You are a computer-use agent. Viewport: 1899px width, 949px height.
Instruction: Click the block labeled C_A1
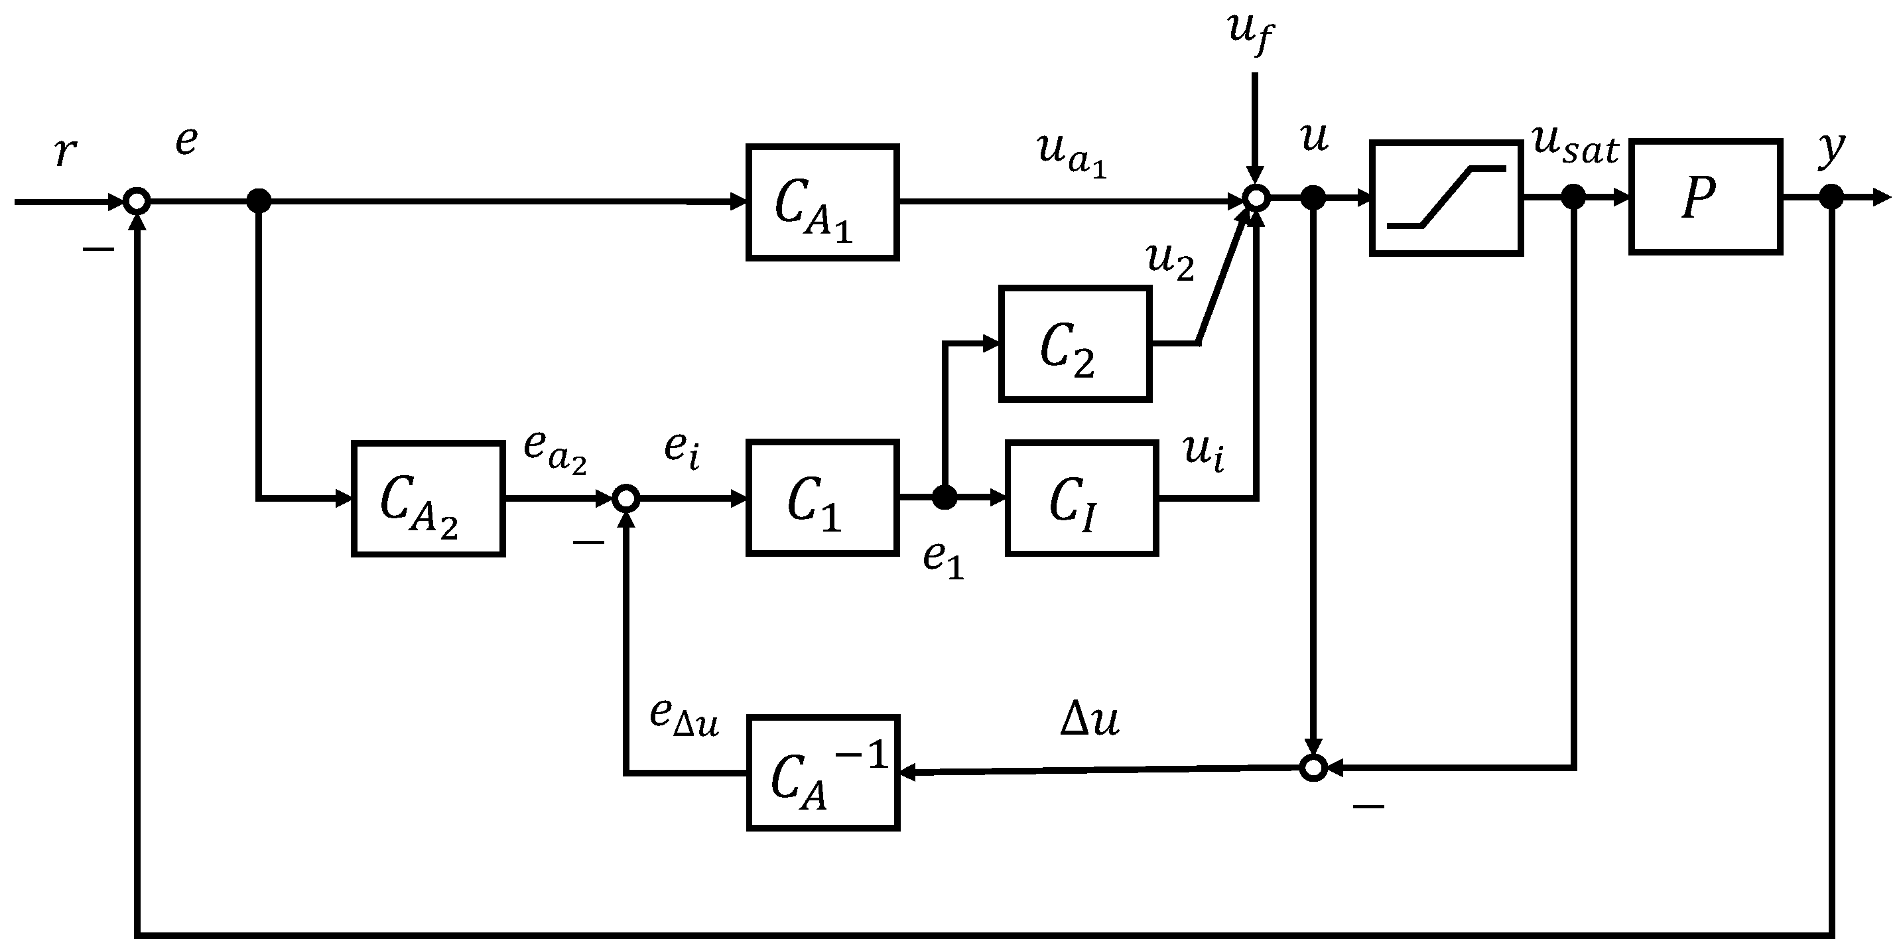coord(822,202)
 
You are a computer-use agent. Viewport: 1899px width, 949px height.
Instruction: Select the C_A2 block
coord(428,498)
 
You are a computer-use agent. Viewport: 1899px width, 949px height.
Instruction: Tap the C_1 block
coord(822,498)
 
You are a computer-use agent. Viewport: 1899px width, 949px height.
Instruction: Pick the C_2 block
coord(1075,344)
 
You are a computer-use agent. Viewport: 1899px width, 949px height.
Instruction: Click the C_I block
coord(1081,498)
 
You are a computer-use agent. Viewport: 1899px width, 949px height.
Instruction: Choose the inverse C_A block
coord(822,772)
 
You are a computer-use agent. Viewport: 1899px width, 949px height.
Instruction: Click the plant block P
coord(1705,197)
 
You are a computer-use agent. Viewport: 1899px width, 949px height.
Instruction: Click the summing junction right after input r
coord(137,200)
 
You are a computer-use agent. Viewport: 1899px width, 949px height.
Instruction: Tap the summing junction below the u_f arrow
coord(1256,198)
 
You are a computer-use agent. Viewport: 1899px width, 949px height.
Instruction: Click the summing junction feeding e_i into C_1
coord(626,499)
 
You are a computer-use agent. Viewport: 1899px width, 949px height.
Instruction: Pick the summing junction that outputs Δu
coord(1313,768)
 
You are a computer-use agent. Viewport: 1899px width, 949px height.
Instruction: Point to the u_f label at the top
coord(1250,33)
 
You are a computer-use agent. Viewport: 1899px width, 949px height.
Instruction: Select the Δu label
coord(1090,719)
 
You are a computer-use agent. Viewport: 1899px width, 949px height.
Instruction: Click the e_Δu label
coord(683,717)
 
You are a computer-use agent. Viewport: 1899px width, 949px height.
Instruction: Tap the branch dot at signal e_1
coord(945,498)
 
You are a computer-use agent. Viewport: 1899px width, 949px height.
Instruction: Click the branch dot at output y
coord(1831,198)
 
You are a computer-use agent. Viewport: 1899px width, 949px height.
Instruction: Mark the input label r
coord(65,151)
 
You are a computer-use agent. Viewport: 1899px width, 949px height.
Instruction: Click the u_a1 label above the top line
coord(1071,155)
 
